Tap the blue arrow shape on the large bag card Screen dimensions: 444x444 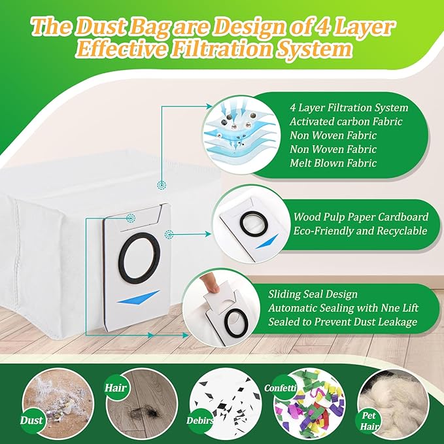pos(141,298)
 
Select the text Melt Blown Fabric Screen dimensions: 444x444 pos(333,163)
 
